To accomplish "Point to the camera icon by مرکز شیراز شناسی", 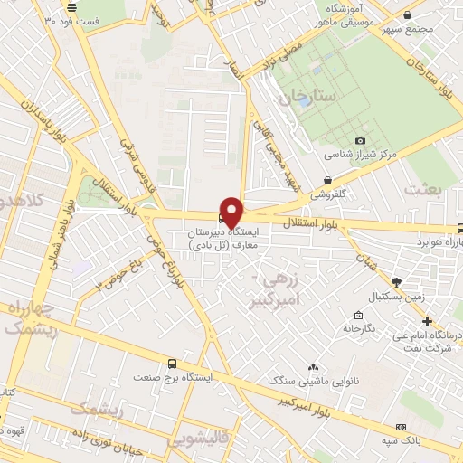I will [361, 140].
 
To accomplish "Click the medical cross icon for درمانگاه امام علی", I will [427, 320].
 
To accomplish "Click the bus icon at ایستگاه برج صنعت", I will [174, 363].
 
